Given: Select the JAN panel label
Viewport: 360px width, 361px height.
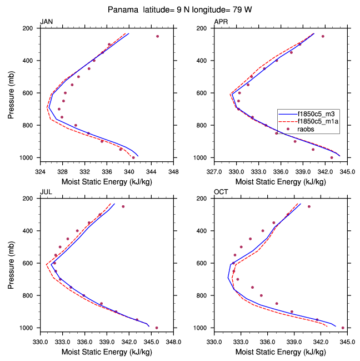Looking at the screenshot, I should tap(47, 22).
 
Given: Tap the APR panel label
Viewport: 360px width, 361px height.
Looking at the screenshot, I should tap(221, 22).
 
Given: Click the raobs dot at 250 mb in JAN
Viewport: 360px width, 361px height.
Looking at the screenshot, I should tap(157, 36).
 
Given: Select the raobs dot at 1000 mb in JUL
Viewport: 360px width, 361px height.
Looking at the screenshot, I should tap(157, 328).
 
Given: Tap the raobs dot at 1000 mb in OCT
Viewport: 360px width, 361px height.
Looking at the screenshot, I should tap(343, 328).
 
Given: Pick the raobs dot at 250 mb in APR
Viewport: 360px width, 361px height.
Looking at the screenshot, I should tap(323, 36).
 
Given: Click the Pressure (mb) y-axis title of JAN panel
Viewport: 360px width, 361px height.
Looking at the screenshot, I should tap(12, 93).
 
